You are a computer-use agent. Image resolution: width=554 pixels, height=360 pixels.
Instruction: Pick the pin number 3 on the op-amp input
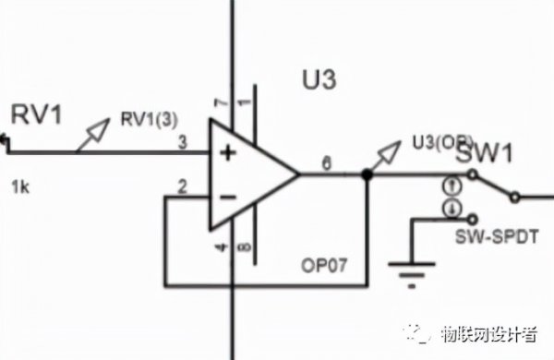coord(182,141)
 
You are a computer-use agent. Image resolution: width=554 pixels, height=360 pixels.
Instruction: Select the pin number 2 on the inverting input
coord(182,187)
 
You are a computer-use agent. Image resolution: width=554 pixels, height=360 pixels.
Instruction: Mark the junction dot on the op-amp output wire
coord(367,174)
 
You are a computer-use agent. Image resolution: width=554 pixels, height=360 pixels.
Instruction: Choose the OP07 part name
coord(323,264)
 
